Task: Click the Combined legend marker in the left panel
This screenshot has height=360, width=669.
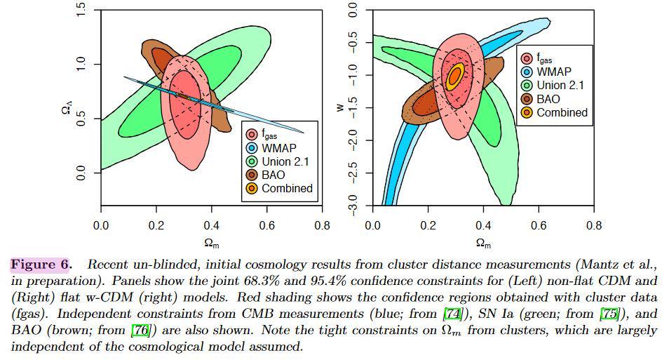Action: coord(250,188)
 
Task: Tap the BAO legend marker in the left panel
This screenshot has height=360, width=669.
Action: coord(250,175)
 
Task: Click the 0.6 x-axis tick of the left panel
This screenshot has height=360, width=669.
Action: coord(266,226)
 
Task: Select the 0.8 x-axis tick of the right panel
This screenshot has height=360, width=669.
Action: coord(593,226)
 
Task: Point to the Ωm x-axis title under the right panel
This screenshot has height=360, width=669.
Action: coord(482,243)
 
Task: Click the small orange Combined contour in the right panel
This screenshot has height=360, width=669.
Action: coord(456,75)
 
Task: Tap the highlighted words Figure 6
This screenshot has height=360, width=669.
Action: coord(41,265)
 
